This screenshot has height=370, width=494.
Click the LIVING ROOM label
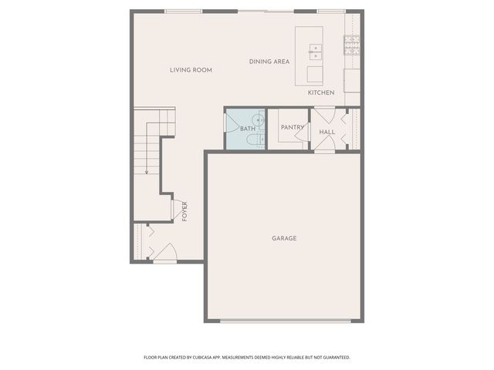(x=191, y=70)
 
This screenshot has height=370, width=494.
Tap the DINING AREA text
(x=269, y=61)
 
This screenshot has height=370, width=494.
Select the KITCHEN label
(x=321, y=92)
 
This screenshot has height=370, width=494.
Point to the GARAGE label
(x=284, y=238)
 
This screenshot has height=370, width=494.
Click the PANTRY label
(x=292, y=127)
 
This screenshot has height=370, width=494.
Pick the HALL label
(x=327, y=132)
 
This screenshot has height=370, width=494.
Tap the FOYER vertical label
(x=184, y=210)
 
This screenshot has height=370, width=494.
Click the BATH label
(x=247, y=129)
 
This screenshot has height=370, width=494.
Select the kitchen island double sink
(x=315, y=52)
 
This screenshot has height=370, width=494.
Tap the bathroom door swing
(x=231, y=123)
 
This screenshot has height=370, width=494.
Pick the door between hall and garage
(x=324, y=146)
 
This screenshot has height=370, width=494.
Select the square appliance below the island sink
(x=315, y=74)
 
